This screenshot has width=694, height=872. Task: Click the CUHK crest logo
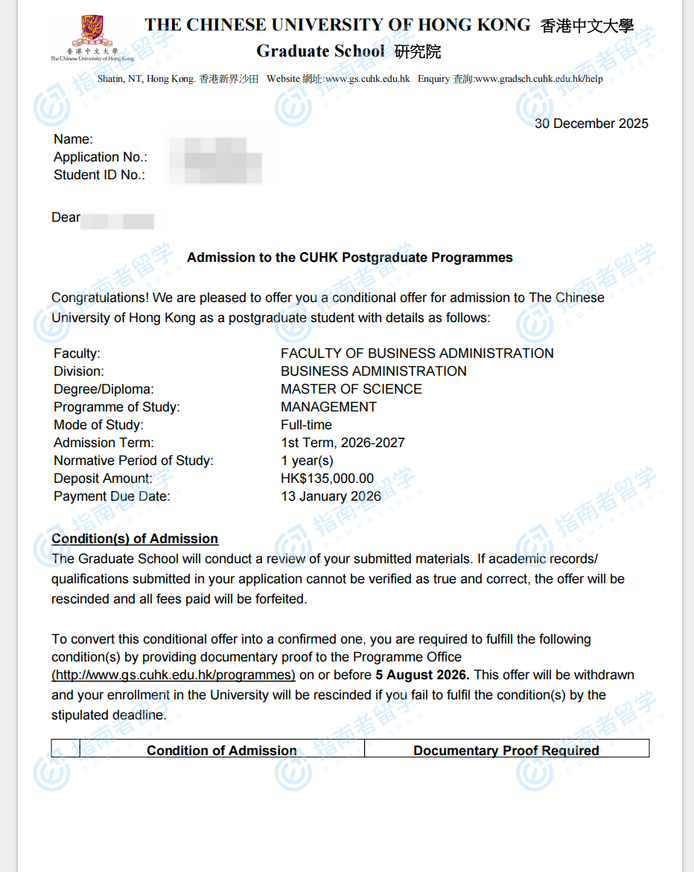point(92,33)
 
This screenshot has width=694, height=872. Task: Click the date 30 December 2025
point(591,124)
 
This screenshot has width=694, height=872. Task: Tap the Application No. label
point(101,157)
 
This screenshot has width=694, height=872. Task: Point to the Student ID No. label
point(99,175)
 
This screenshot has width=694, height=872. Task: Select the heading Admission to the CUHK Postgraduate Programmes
point(349,257)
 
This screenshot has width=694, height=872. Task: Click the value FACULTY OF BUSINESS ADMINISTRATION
point(417,353)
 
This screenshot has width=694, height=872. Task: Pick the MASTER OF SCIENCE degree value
point(351,389)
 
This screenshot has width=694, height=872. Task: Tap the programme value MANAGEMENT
point(328,407)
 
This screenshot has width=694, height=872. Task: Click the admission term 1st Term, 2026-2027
point(343,443)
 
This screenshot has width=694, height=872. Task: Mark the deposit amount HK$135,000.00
point(327,478)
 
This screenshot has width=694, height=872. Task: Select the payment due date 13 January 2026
point(331,496)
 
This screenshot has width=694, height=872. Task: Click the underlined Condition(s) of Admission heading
point(135,539)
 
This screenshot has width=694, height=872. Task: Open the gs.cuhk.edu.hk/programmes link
point(173,675)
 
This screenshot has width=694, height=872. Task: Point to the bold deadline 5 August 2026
point(422,675)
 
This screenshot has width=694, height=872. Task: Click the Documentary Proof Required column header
point(506,750)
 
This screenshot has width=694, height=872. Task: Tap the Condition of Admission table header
point(222,750)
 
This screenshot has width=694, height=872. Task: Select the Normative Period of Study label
point(133,461)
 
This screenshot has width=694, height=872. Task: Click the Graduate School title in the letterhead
point(320,51)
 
